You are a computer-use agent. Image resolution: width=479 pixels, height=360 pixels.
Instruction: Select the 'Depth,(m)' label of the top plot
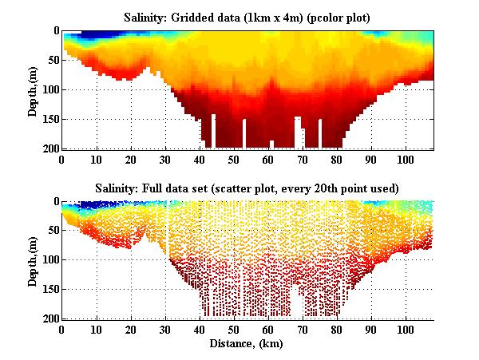34,90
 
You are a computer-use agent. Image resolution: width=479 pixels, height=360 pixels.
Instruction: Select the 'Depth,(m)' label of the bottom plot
34,260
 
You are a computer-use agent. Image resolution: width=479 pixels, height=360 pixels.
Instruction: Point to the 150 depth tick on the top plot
49,119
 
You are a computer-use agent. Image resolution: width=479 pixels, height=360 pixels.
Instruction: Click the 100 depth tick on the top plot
49,89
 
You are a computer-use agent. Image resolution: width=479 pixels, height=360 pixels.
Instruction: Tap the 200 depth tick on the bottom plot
49,318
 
